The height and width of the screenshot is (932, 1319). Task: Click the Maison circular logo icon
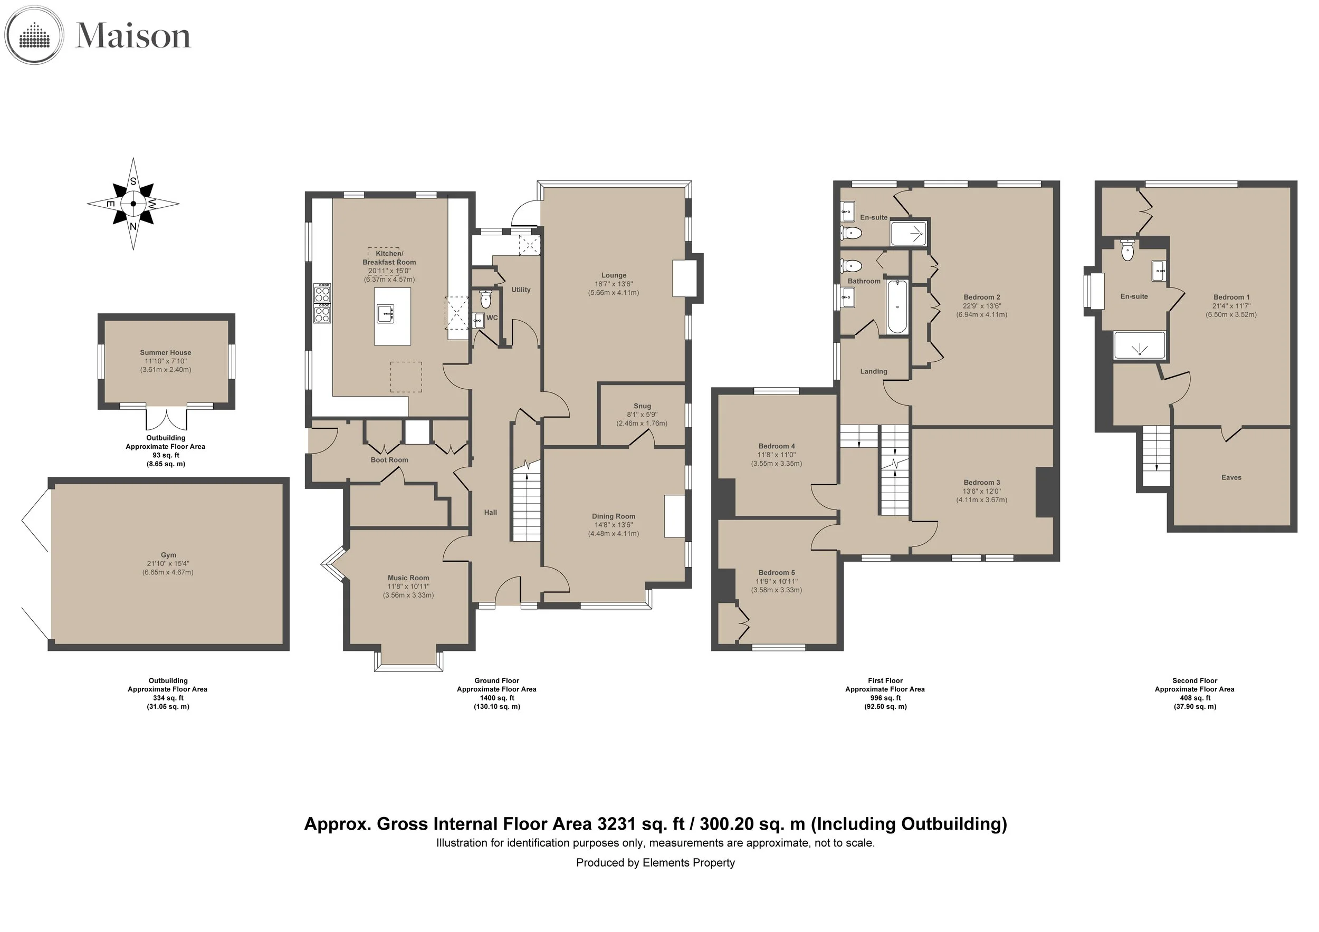[34, 36]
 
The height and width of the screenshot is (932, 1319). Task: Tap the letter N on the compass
[133, 226]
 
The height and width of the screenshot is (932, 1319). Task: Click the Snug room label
[642, 406]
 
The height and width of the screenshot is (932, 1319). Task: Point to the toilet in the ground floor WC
[486, 299]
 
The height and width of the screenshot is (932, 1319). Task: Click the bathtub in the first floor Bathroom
[897, 306]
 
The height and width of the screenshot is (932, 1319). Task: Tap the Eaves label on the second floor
[1231, 477]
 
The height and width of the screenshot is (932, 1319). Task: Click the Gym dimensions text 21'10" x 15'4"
[168, 564]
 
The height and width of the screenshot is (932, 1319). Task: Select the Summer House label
[166, 352]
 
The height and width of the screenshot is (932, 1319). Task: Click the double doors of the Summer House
[167, 419]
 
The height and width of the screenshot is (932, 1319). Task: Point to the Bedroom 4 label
[777, 446]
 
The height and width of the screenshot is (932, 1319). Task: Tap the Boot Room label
[389, 460]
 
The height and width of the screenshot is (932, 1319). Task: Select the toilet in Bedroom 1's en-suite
[1127, 251]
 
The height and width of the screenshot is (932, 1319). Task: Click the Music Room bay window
[408, 661]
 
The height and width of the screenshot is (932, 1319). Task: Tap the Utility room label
[521, 290]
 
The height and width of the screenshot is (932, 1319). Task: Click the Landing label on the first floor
[874, 371]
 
